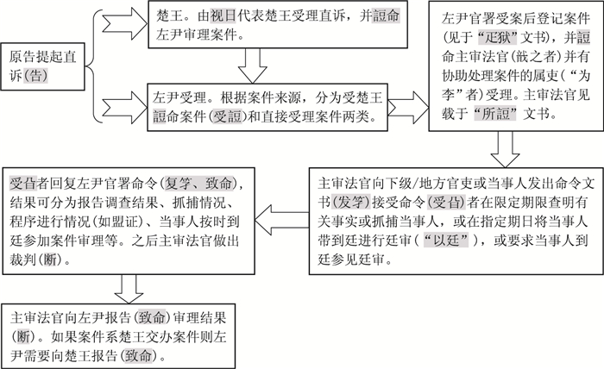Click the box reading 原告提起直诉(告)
[x=41, y=65]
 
